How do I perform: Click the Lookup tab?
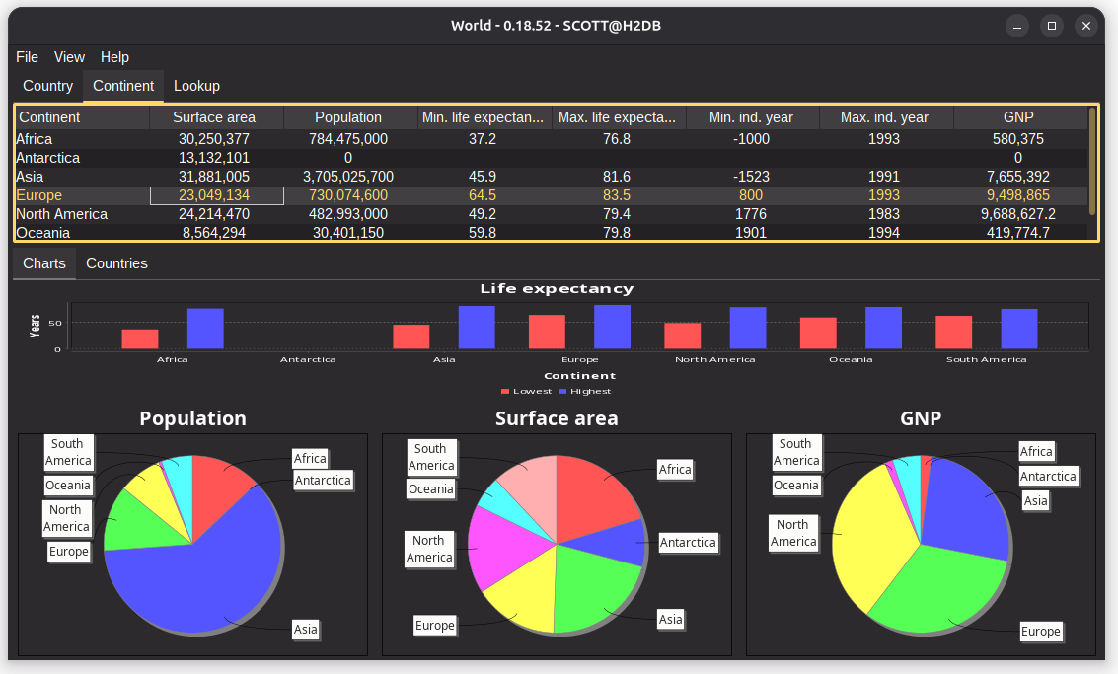point(196,86)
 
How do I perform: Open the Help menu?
point(114,57)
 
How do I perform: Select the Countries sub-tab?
point(116,263)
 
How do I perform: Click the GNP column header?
point(1017,117)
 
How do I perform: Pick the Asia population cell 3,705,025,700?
point(349,177)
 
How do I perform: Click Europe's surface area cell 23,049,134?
point(215,195)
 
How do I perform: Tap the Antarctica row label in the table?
point(48,158)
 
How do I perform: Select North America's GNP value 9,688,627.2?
point(1017,214)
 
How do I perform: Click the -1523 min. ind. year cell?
point(751,177)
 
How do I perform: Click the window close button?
point(1085,26)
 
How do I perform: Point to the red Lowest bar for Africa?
point(140,338)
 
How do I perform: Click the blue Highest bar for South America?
point(1019,329)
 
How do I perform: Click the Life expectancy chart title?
point(557,289)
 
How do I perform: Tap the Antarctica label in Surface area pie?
point(688,543)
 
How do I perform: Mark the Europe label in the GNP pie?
point(1040,632)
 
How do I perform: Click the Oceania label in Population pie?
point(68,486)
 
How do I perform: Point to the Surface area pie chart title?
point(557,418)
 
